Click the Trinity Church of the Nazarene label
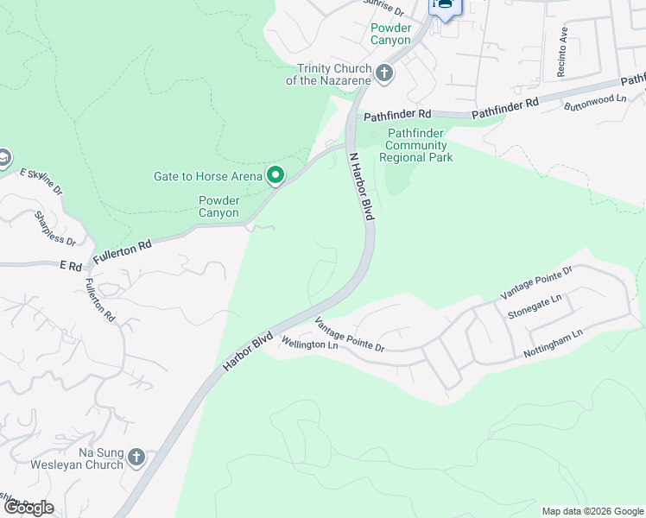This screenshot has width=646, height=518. point(334,74)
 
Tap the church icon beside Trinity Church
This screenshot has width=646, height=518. point(385,74)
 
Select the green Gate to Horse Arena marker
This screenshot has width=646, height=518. point(275,176)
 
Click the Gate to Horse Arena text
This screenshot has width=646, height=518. point(207,177)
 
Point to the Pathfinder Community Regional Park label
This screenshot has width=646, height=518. point(416,145)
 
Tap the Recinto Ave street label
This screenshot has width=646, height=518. point(562,52)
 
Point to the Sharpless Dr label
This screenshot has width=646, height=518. point(55,227)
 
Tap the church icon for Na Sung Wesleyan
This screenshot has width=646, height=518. point(136,458)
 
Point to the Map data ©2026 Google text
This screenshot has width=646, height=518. point(592,511)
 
